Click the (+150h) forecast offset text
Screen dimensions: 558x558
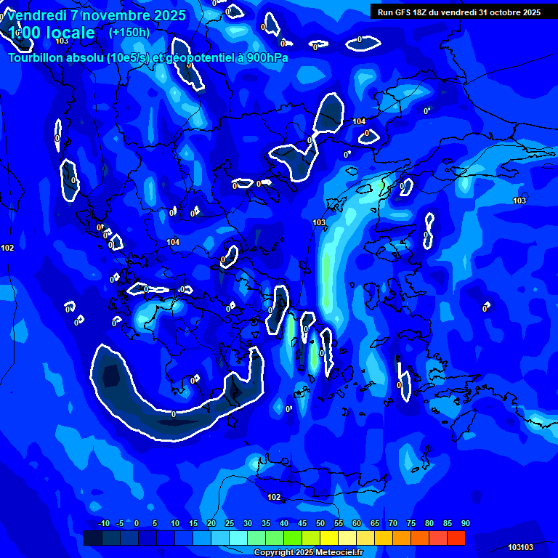point(129,32)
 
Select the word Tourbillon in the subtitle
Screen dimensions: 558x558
point(36,57)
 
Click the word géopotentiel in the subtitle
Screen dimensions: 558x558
point(200,57)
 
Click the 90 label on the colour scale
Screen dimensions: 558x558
point(465,524)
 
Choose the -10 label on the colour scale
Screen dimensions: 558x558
point(103,524)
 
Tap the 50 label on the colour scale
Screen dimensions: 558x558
point(320,524)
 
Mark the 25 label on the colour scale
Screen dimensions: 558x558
point(230,524)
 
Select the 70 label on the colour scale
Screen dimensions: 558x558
point(393,524)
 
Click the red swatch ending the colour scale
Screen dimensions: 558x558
point(456,538)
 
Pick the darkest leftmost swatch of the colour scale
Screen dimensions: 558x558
point(93,538)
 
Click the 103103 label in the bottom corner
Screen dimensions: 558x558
point(520,547)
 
